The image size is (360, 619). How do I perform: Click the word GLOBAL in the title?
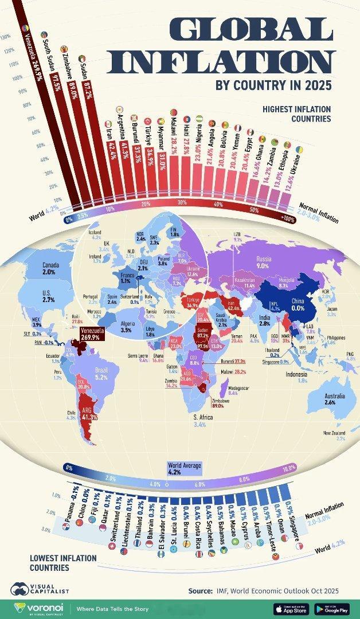(x=252, y=29)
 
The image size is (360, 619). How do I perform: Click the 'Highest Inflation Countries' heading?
(x=296, y=113)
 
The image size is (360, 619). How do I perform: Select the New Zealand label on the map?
(x=334, y=436)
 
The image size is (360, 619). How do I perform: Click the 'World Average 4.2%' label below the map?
(x=184, y=469)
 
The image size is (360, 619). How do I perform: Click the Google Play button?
(x=332, y=608)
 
